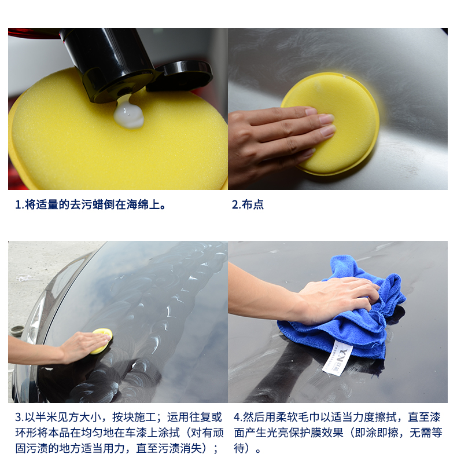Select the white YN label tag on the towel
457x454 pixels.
pyautogui.click(x=337, y=358)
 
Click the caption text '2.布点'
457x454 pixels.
pyautogui.click(x=248, y=204)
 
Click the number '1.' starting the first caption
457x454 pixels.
pyautogui.click(x=19, y=205)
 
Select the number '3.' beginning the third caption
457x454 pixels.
pyautogui.click(x=20, y=418)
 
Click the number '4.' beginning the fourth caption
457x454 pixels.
pyautogui.click(x=238, y=418)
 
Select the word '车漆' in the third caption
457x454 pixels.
pyautogui.click(x=141, y=433)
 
